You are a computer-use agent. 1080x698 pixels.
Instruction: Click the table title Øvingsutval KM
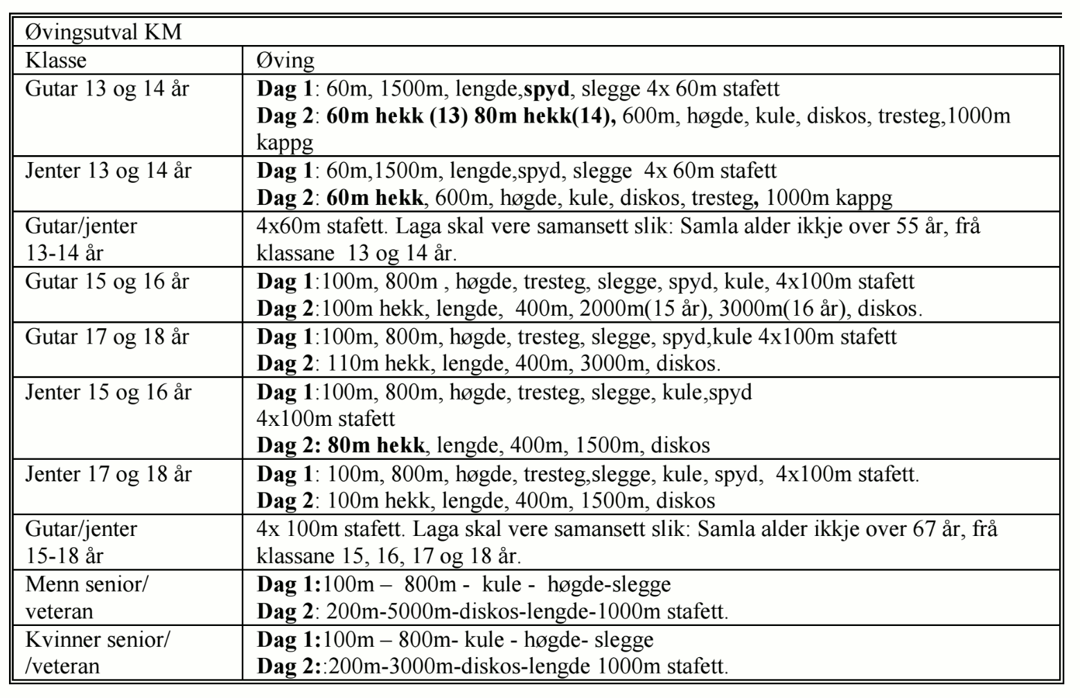[x=103, y=33]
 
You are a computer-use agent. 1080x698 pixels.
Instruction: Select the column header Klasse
[x=56, y=60]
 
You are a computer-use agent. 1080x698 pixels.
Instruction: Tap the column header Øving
[x=285, y=60]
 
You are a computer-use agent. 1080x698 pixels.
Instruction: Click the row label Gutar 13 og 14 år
[x=107, y=89]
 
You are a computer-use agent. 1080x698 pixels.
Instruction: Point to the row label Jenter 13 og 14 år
[x=108, y=170]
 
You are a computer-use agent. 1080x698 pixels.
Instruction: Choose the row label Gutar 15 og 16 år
[x=107, y=281]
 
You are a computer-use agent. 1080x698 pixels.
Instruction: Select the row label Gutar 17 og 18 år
[x=107, y=337]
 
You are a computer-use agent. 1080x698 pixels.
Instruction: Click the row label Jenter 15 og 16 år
[x=108, y=392]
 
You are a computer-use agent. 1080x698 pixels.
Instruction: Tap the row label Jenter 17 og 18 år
[x=108, y=474]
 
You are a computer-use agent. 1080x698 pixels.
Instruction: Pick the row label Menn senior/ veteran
[x=87, y=598]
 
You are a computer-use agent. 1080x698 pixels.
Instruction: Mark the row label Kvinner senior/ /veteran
[x=97, y=652]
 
